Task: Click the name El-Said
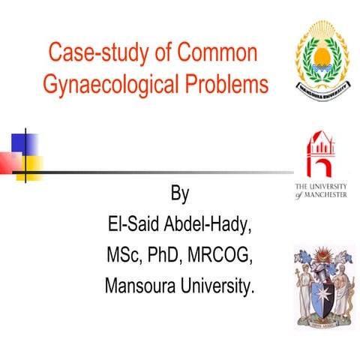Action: (x=134, y=226)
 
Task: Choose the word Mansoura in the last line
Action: (x=140, y=286)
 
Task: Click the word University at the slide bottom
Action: (x=218, y=286)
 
